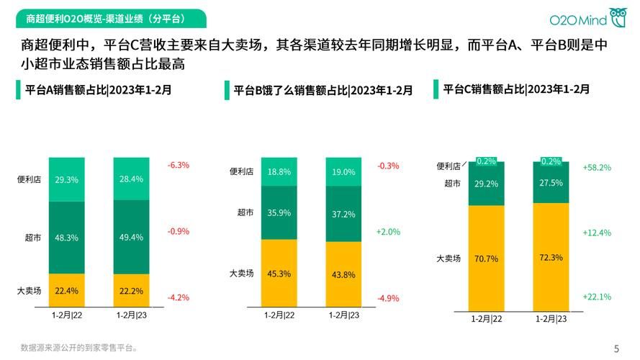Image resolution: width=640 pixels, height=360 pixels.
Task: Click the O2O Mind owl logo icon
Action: coord(618,17)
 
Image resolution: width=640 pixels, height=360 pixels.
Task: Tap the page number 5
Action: coord(616,347)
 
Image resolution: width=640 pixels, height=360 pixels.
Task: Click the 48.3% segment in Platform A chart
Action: coord(66,237)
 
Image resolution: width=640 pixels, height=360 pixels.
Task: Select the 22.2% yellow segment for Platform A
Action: coord(131,290)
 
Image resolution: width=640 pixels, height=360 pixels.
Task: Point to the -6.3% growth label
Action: coord(178,165)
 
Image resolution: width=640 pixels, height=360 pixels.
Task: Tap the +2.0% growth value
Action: coord(387,232)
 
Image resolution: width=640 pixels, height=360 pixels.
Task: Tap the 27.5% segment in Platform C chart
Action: coord(551,184)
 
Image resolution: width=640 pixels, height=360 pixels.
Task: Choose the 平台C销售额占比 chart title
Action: coord(515,89)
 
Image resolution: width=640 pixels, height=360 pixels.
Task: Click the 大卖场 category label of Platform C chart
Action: coord(448,258)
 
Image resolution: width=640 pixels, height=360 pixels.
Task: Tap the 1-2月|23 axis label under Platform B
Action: coord(343,315)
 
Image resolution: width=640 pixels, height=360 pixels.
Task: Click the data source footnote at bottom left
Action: coord(79,347)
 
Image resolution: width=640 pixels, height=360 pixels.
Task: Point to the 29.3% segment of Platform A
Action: coord(66,179)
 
